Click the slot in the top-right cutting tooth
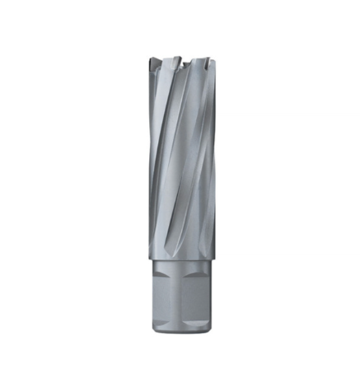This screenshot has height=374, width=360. click(x=204, y=62)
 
